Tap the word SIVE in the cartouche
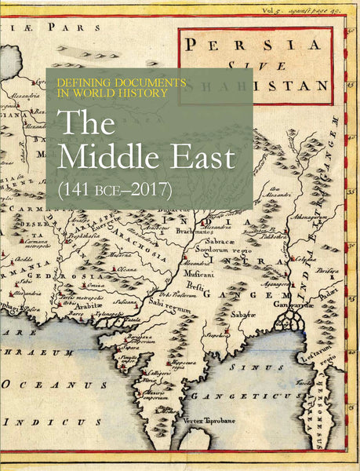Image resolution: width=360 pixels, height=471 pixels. [264, 65]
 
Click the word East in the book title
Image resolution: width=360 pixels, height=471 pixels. [202, 158]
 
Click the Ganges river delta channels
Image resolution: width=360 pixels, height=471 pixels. [294, 318]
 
